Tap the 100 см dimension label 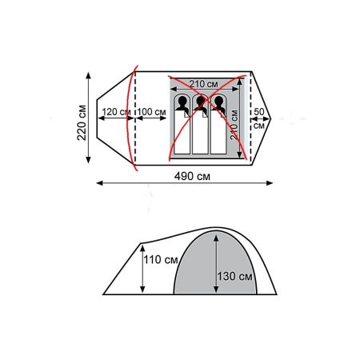(150, 112)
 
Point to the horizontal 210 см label (204, 83)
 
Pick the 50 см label (259, 118)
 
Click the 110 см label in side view (160, 260)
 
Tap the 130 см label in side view (234, 277)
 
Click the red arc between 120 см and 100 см (132, 112)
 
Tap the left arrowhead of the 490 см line (99, 183)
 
